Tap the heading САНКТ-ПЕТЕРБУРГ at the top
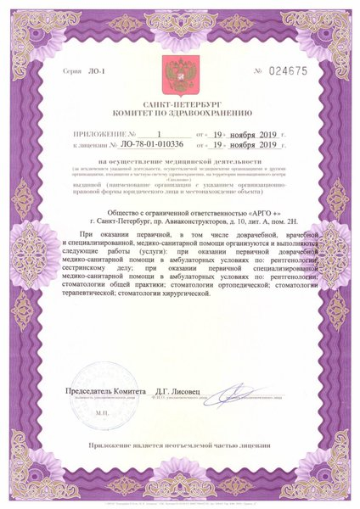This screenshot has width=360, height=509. coord(180,101)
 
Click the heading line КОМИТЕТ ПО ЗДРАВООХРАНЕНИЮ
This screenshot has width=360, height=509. coord(180,111)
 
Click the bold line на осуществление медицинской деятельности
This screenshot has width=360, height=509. coord(180,160)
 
